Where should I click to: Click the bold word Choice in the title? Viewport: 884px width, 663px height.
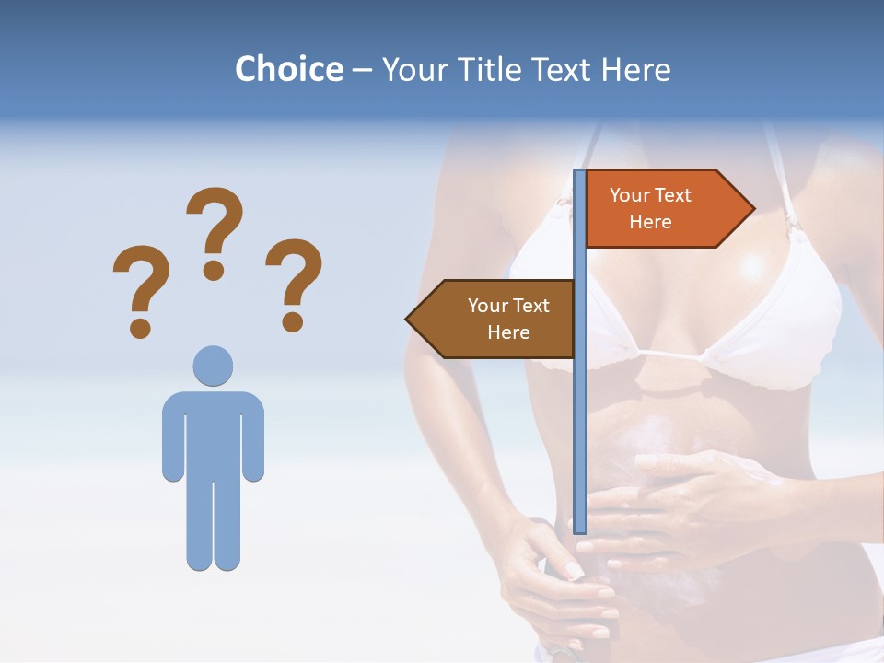pos(288,69)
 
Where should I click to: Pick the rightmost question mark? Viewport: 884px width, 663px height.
pos(294,281)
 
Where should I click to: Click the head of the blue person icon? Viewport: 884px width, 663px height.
pos(213,366)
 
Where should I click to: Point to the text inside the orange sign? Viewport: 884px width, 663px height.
pos(650,208)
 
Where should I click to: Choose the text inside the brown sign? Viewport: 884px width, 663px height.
pos(508,319)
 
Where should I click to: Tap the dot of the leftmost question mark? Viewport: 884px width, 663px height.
pos(140,327)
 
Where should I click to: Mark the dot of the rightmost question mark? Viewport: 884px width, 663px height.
pos(293,321)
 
